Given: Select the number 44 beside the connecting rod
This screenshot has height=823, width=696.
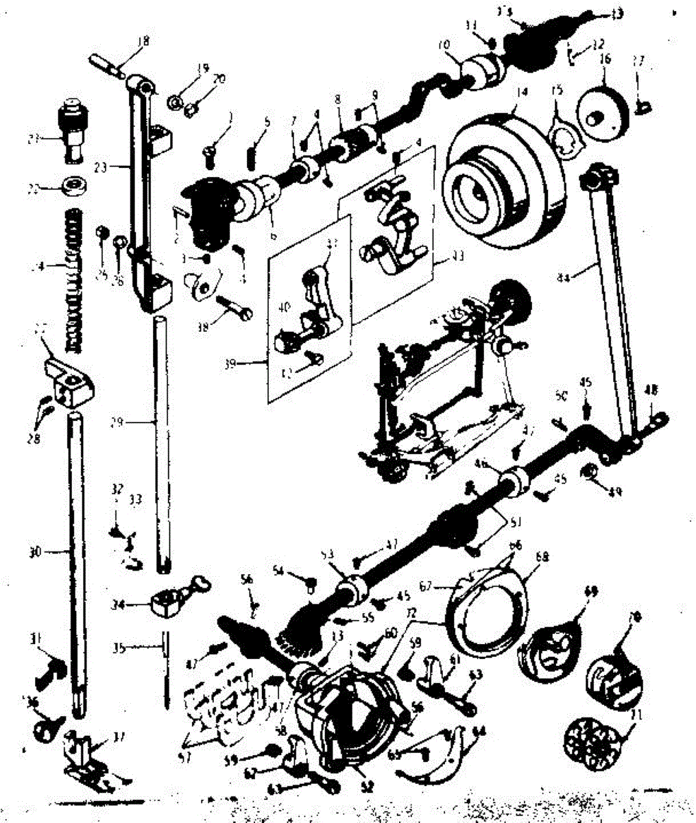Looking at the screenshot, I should pos(564,277).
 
